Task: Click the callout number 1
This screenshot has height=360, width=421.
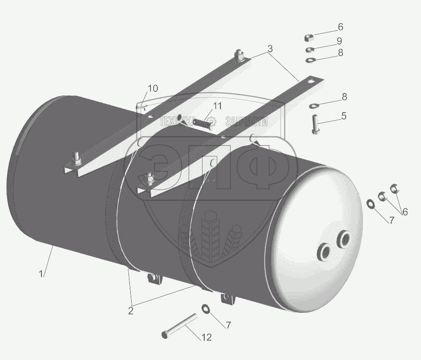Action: pos(41,274)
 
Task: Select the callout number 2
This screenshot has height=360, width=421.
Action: pos(131,311)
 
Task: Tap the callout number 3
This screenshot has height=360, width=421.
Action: pos(270,49)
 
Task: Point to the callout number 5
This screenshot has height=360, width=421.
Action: pos(343,116)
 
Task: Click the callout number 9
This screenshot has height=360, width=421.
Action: pos(339,41)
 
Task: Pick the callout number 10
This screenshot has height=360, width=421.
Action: pos(153,88)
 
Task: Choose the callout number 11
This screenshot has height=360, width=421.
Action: pos(217,106)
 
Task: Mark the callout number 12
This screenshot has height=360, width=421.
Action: pos(206,337)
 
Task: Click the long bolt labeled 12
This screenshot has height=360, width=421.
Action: pos(179,326)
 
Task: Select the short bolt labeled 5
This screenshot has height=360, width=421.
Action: pos(316,124)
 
